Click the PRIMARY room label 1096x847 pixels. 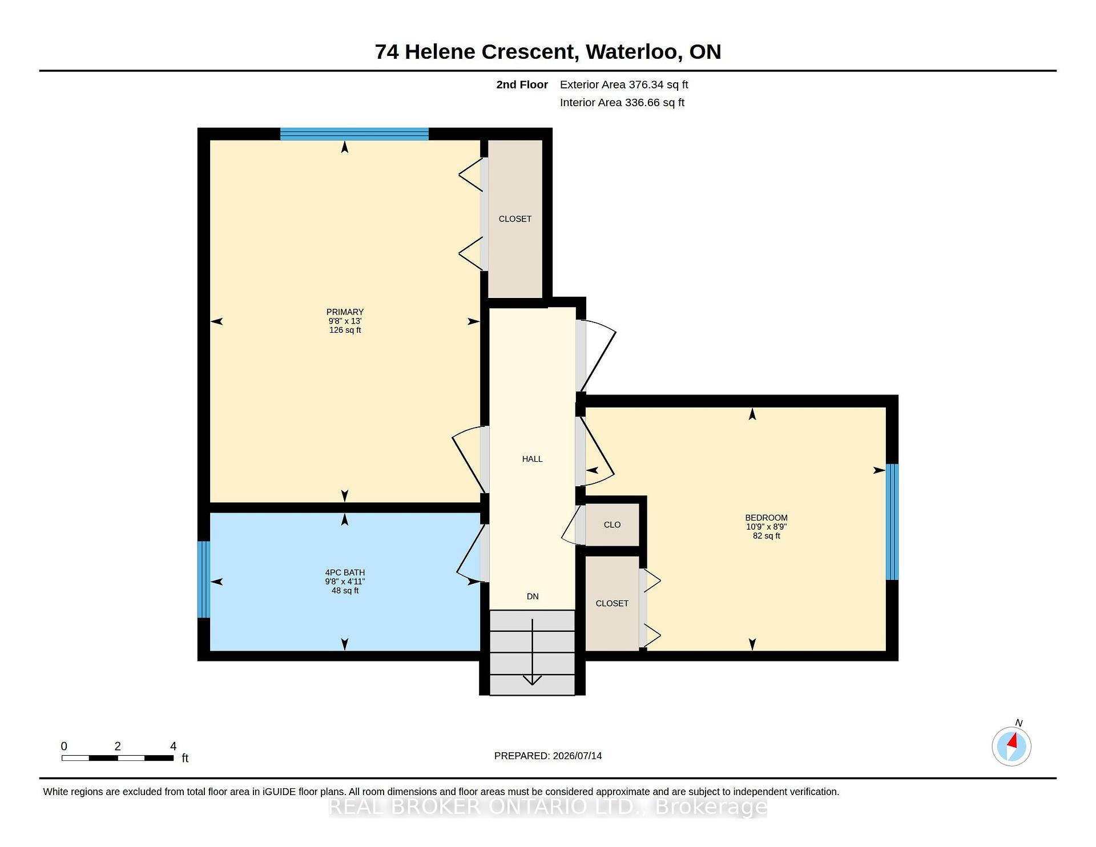pos(345,312)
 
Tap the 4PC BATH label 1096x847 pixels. pos(345,572)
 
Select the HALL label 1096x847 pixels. pos(532,459)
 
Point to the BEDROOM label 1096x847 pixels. pos(766,518)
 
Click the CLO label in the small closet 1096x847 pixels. pos(612,525)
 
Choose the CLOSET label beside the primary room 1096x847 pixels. pos(515,219)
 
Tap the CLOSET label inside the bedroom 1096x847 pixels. pos(612,603)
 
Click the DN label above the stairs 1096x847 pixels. pos(533,596)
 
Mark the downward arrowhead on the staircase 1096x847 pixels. pos(533,680)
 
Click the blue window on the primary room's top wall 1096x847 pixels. pos(354,134)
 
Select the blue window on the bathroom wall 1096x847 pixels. pos(204,579)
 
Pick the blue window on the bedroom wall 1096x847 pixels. pos(892,522)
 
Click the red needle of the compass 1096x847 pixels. pos(1013,741)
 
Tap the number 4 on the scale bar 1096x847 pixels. pos(174,746)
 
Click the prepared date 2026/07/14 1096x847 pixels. pos(577,756)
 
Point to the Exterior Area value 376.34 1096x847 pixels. pos(646,84)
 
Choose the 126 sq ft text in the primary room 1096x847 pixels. pos(345,330)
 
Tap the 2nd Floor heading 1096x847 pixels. pos(522,84)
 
